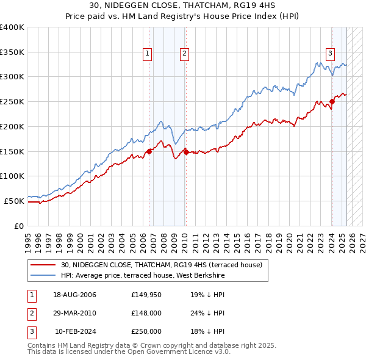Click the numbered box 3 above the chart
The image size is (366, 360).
tap(330, 53)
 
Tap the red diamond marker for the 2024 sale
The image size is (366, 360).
tap(332, 101)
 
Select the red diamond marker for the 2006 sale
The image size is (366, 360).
tap(149, 151)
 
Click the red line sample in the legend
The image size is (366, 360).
tap(44, 265)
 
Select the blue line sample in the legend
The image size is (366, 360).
tap(44, 275)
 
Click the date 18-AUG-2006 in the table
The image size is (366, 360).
tap(74, 295)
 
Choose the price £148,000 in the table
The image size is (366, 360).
tap(146, 313)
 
